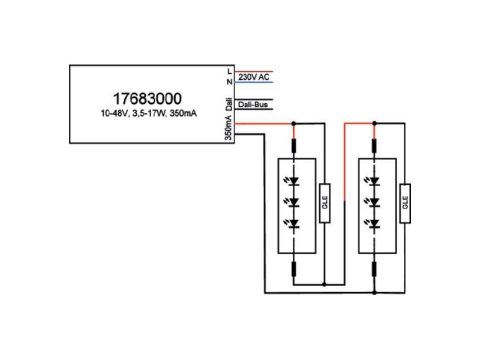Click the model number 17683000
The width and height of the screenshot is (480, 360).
pos(147,98)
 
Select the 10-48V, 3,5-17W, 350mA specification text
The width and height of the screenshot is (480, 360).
pos(149,113)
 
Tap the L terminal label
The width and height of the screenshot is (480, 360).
pos(230,71)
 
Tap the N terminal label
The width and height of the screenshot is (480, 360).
pos(229,82)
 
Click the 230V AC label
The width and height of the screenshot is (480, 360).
pos(254,77)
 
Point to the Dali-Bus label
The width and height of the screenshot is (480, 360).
pos(253,104)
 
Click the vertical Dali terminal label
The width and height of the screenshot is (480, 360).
pos(229,104)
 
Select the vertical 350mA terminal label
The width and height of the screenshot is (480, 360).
pos(229,128)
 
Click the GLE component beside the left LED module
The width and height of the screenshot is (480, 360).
pos(325,203)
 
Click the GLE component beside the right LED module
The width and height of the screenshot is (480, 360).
pos(405,203)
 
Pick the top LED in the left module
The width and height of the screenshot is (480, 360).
pos(293,181)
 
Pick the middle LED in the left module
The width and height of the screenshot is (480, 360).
pos(293,202)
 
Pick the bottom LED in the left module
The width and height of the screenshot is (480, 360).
pos(293,224)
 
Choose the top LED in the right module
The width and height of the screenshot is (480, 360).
pos(374,181)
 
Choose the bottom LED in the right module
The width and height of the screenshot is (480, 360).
pos(374,224)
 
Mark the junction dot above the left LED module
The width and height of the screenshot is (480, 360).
pos(293,124)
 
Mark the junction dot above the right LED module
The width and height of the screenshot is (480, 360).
pos(374,124)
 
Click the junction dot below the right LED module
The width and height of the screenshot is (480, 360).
pos(374,293)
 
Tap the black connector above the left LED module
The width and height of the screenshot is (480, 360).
pos(293,146)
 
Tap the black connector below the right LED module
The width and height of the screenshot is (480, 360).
pos(374,269)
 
